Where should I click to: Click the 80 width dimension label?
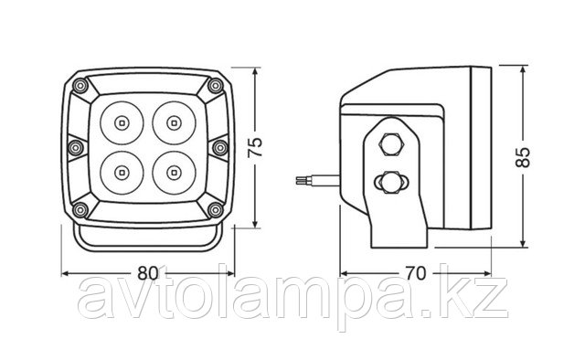(148, 273)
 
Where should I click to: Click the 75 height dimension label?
(255, 147)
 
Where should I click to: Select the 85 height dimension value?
(523, 157)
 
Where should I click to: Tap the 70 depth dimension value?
(415, 273)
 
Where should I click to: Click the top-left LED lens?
(122, 122)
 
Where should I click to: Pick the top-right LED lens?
(174, 122)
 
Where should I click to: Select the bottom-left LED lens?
(122, 173)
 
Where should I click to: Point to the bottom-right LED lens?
(174, 173)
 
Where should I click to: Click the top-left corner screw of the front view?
(80, 86)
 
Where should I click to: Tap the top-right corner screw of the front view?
(216, 86)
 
